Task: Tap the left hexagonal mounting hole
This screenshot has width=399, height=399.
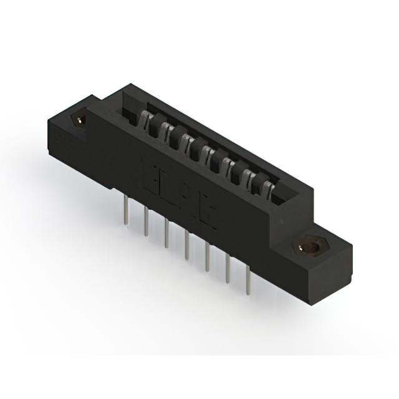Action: pyautogui.click(x=79, y=117)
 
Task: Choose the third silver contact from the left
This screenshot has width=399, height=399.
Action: pyautogui.click(x=183, y=142)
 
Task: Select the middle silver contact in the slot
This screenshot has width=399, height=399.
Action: pyautogui.click(x=201, y=151)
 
